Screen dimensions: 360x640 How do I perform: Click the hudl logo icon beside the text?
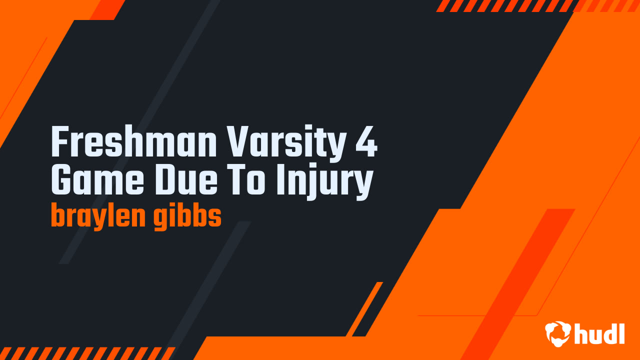pos(558,333)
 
